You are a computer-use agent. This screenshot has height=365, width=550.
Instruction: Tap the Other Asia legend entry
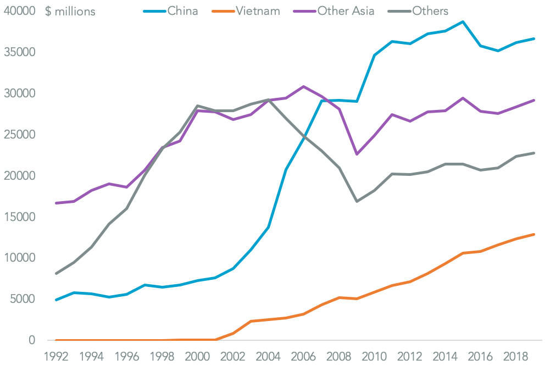coord(346,10)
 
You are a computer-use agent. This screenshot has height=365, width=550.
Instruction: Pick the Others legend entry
coord(430,10)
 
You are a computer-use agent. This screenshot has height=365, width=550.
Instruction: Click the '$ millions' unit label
coord(70,11)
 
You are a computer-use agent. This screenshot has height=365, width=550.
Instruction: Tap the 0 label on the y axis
coord(32,340)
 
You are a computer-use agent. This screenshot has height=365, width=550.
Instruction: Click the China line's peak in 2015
coord(463,21)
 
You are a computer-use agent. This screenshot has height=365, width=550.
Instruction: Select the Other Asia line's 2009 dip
coord(357,154)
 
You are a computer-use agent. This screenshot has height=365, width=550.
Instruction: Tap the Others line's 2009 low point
coord(357,201)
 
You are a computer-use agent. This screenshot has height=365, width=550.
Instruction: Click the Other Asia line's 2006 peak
coord(304,86)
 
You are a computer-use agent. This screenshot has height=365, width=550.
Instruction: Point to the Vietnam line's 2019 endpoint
coord(534,234)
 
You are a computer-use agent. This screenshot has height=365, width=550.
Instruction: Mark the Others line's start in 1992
coord(57,273)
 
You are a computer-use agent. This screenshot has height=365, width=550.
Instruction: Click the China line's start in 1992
coord(57,300)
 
